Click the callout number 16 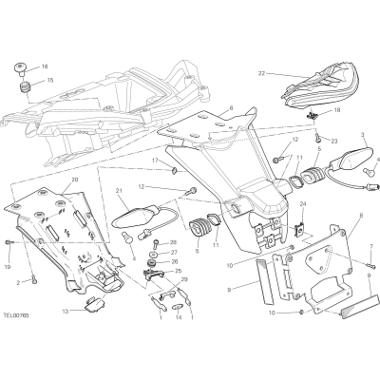point(45,66)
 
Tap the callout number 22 point(261,73)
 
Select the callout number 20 point(75,180)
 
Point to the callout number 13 point(66,312)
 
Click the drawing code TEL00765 point(16,315)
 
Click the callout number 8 point(361,215)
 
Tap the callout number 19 point(9,267)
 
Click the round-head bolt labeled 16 point(20,69)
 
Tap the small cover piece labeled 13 point(95,303)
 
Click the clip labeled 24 point(299,229)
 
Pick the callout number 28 point(173,242)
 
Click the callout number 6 point(231,107)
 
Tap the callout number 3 point(363,135)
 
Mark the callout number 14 point(179,317)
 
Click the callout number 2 point(18,283)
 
